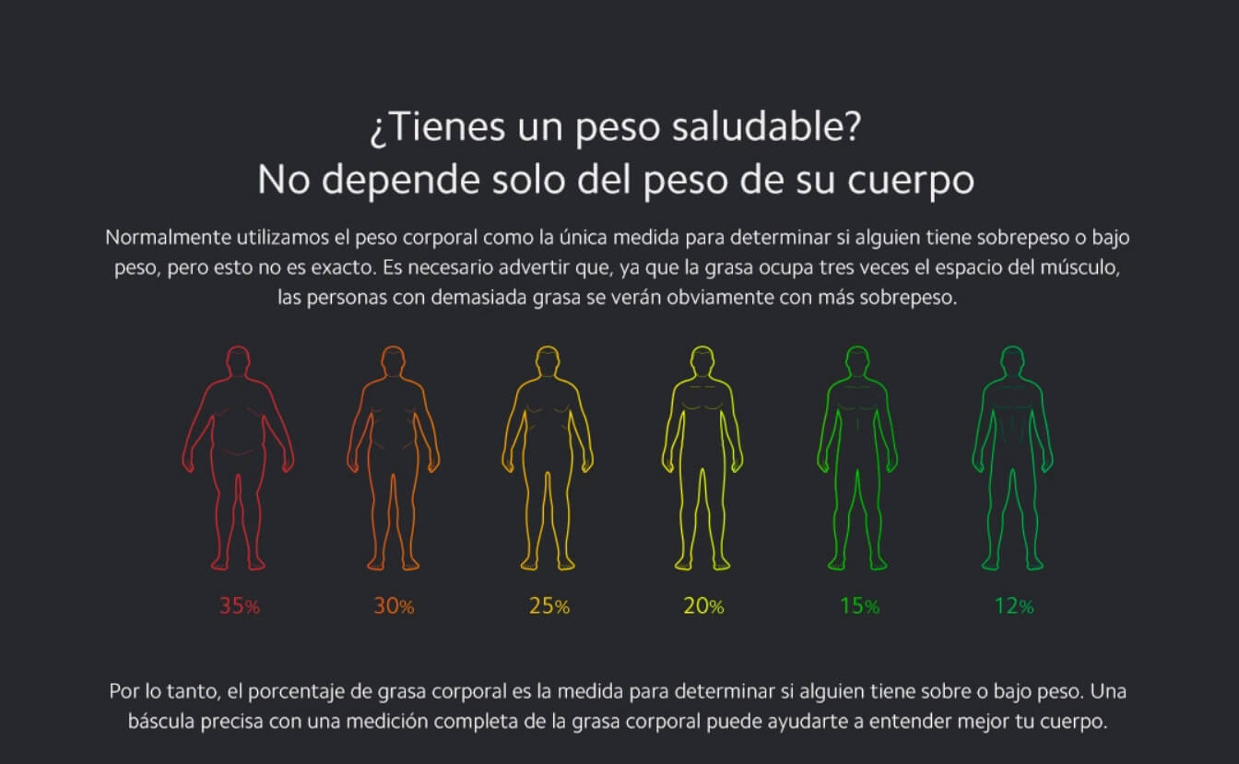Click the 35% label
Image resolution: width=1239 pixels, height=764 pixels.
[239, 606]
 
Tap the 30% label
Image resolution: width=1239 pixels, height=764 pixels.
[394, 606]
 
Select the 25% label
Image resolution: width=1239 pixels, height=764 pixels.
[549, 606]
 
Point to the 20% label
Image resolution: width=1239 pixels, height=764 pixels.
[703, 606]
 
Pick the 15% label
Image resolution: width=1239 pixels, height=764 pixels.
[858, 606]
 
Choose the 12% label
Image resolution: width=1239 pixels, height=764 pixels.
[1013, 606]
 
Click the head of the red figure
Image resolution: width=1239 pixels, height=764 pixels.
[239, 360]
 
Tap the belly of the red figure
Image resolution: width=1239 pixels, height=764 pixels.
[239, 433]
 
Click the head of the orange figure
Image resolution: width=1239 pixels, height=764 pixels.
[394, 360]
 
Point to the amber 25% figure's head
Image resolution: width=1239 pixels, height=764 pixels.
[549, 360]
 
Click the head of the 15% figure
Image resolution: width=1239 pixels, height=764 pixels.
[858, 360]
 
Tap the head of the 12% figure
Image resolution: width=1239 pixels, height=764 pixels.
[1013, 360]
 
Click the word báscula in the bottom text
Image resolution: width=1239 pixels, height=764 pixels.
[160, 721]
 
